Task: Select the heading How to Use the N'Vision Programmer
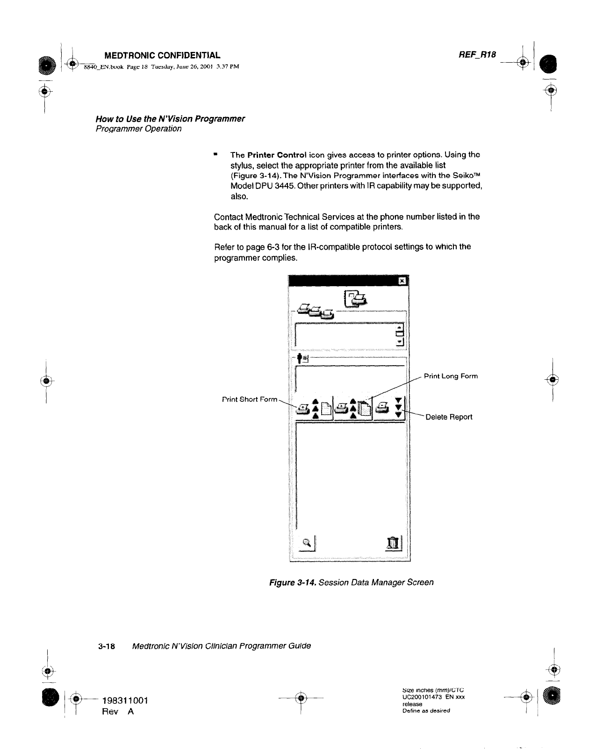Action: coord(170,118)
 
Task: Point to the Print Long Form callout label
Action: coord(451,376)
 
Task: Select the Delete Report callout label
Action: coord(449,417)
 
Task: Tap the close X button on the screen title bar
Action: coord(401,281)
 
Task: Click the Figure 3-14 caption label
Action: coord(293,582)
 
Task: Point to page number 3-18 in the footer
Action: coord(107,646)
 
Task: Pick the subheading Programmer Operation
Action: coord(138,129)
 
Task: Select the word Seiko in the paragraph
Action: coord(459,176)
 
